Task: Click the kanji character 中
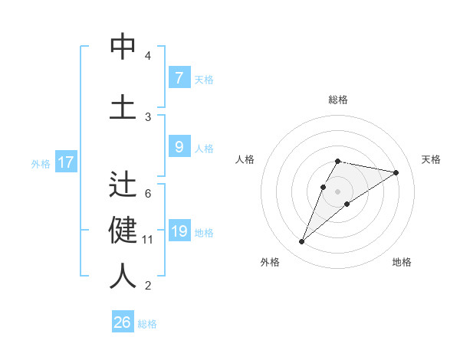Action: coord(123,47)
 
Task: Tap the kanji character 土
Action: coord(123,106)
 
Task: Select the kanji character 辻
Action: coord(123,186)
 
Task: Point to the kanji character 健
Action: coord(123,229)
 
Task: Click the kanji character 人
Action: coord(123,276)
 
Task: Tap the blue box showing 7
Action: coord(179,77)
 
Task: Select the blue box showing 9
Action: coord(179,148)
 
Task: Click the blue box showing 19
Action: coord(179,232)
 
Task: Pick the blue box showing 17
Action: coord(65,162)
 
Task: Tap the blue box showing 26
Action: coord(123,322)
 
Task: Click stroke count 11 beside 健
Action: coord(147,240)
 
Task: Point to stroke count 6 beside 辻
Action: coord(147,194)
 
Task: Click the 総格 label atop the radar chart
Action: coord(337,100)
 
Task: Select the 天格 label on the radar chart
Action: coord(431,159)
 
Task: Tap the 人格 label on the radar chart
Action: coord(245,159)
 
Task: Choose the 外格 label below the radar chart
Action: coord(269,263)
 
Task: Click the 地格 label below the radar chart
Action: coord(402,263)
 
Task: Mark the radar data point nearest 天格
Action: coord(396,172)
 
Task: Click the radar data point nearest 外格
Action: coord(302,241)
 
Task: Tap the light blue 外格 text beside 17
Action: coord(40,163)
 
